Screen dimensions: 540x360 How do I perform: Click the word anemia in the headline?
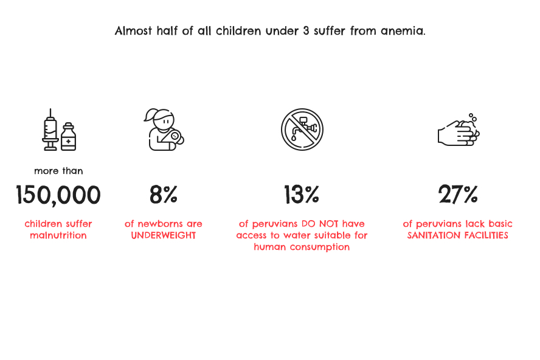point(403,31)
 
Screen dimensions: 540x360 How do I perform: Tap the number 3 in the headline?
point(306,31)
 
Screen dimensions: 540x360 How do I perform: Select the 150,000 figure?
point(58,195)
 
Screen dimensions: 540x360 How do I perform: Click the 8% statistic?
point(164,195)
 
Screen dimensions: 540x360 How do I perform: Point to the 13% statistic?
point(302,195)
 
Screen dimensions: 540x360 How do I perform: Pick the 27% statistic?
point(458,195)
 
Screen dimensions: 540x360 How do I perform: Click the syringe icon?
point(50,130)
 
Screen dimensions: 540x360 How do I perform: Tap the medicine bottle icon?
point(69,137)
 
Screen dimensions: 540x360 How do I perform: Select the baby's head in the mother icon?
point(175,136)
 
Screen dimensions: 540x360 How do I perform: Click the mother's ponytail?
point(150,116)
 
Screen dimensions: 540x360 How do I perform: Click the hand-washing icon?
point(459,133)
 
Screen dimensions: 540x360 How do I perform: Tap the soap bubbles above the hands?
point(473,117)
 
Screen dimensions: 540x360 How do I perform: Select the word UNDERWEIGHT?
point(164,235)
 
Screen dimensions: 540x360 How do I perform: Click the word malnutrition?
point(58,235)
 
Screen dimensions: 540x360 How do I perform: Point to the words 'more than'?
point(58,171)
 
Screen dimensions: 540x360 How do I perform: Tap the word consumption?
point(320,247)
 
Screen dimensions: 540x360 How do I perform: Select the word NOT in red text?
point(329,224)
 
